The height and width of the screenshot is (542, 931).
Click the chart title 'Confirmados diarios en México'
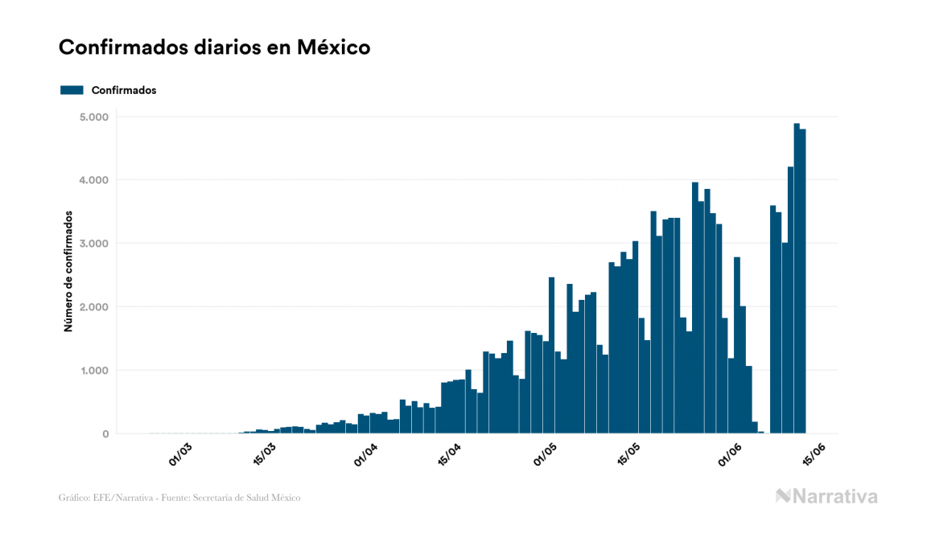click(214, 47)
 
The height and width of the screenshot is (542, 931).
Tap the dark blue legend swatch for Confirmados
click(72, 90)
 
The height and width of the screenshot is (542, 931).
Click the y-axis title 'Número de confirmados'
click(68, 272)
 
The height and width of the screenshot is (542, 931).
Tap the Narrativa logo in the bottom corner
click(826, 496)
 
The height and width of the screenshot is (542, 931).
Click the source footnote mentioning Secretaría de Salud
click(179, 498)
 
